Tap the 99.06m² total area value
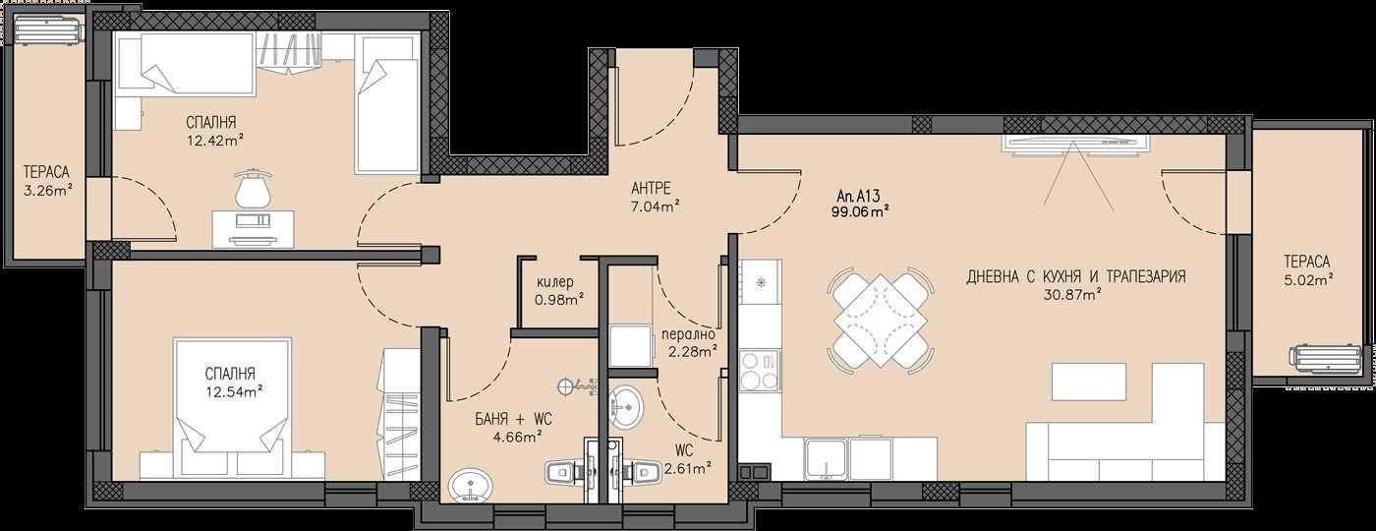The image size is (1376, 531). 862,210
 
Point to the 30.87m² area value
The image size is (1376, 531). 1075,293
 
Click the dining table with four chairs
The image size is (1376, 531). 881,319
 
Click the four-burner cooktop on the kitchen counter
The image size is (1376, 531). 759,371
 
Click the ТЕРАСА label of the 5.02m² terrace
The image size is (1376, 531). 1306,262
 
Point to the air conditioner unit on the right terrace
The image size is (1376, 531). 1327,360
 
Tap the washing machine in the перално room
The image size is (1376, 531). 628,345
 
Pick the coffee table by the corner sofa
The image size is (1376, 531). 1088,382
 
